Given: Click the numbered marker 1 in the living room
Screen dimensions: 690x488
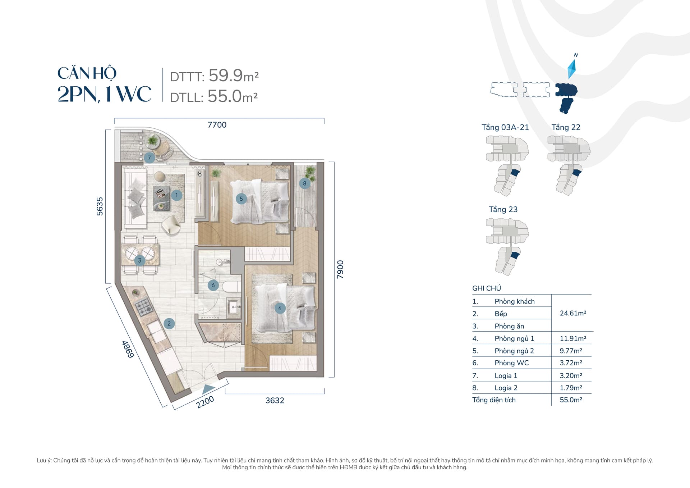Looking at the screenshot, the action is (x=176, y=195).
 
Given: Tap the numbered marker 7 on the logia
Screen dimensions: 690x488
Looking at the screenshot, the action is (x=149, y=158).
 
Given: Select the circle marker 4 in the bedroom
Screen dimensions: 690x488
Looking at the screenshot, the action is (x=280, y=308).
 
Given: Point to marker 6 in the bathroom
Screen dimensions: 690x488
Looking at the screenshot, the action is (x=213, y=285).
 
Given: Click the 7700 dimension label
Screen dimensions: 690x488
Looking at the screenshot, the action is (x=217, y=125).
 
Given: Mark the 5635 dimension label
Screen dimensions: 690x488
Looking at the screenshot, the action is (x=100, y=206).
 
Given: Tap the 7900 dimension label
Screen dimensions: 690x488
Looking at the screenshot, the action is (x=340, y=269).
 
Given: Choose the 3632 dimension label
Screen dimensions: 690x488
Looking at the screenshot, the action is (x=275, y=400).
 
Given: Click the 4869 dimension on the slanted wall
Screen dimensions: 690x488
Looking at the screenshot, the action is (x=128, y=349).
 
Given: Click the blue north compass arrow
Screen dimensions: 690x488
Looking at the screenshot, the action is (x=572, y=69).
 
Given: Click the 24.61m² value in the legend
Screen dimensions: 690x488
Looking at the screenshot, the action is (x=573, y=313).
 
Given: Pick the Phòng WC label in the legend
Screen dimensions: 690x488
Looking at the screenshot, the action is (x=511, y=363).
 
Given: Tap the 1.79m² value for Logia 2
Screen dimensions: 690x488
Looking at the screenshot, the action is (x=571, y=388).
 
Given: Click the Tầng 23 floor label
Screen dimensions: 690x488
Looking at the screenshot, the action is (x=503, y=209).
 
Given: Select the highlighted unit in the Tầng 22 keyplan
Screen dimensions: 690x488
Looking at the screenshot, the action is (x=576, y=173).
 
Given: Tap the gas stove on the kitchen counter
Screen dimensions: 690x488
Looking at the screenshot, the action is (x=144, y=305).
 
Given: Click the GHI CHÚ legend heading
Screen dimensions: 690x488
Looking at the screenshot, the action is (x=486, y=288).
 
